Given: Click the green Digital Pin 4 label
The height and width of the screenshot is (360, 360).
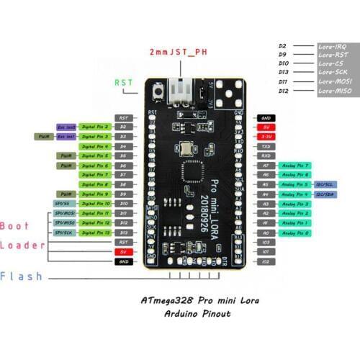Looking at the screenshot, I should pos(94,145).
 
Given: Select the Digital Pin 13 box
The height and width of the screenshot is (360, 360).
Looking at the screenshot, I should pos(94,233).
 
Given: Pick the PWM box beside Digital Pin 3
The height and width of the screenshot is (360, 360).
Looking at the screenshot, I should pos(42,136).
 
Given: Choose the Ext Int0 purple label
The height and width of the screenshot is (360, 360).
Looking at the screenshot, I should pos(66,126).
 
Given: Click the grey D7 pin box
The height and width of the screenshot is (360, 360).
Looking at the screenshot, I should pos(123,175).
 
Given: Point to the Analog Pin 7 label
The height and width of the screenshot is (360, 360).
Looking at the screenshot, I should pos(294,165).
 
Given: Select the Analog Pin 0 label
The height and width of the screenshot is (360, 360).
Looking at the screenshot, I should pos(294,233).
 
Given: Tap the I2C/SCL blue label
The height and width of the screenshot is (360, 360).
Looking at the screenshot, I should pos(323,184).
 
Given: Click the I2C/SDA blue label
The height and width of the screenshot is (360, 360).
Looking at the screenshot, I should pos(323,194).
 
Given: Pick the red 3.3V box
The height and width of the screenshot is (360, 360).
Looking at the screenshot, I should pos(265,136).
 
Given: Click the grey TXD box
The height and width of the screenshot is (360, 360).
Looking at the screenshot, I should pos(265,145).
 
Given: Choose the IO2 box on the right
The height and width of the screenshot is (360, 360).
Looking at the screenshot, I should pos(265,262).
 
